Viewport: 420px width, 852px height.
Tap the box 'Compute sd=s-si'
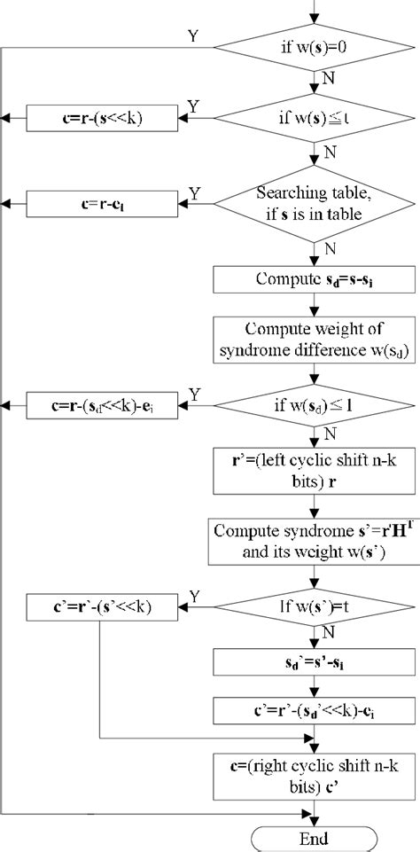click(314, 280)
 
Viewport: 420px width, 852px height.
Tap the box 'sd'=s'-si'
click(314, 662)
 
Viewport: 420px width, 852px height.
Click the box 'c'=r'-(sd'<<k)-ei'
click(314, 709)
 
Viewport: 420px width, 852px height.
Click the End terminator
click(314, 838)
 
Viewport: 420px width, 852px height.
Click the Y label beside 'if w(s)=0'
click(192, 35)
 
